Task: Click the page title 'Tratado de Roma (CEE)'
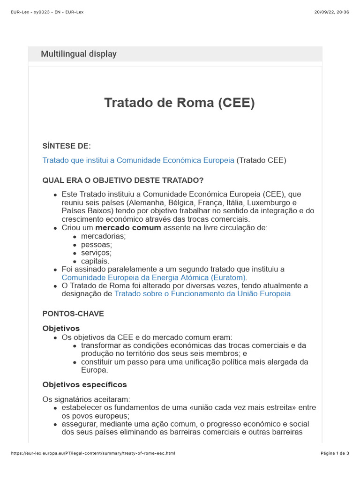tap(179, 103)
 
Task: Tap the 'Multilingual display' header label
tap(79, 54)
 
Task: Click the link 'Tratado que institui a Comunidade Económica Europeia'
tap(138, 160)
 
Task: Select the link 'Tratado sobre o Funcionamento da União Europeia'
tap(202, 294)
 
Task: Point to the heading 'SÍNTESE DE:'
tap(67, 146)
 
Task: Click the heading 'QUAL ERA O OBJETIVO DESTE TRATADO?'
tap(123, 180)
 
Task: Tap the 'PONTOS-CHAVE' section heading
tap(73, 314)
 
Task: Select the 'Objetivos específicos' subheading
tap(84, 385)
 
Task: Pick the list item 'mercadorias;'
tap(103, 236)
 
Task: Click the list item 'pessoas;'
tap(97, 245)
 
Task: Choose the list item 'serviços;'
tap(96, 253)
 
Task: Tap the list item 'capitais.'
tap(95, 261)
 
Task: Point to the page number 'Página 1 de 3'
tap(335, 453)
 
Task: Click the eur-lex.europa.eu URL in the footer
tap(93, 453)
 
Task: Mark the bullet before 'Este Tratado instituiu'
tap(56, 195)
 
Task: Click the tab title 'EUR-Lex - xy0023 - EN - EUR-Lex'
tap(47, 12)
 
